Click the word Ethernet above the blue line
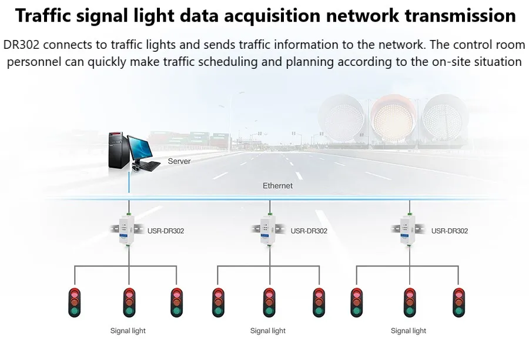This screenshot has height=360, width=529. coord(277,186)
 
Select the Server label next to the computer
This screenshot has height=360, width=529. coord(179,161)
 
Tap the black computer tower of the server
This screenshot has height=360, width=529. coord(118,152)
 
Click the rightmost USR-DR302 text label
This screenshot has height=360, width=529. coord(450,231)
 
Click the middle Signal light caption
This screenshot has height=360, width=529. coord(268,331)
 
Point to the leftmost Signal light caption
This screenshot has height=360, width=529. coord(128,331)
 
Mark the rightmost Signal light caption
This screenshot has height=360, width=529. coord(409,331)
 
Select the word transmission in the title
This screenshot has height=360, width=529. coord(453,16)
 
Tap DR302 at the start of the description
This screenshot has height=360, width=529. coord(21,45)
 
